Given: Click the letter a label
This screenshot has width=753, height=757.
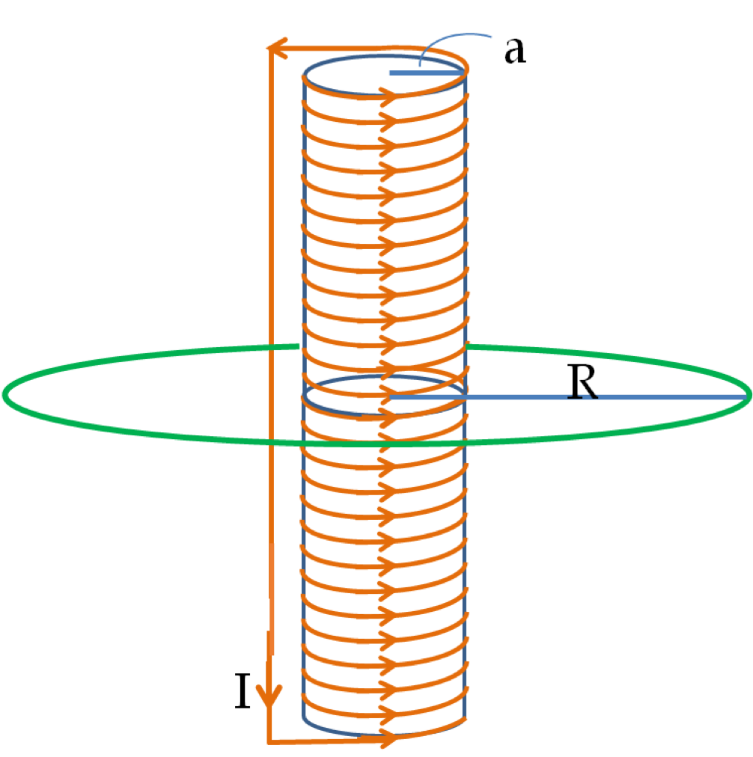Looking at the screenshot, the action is pyautogui.click(x=515, y=51).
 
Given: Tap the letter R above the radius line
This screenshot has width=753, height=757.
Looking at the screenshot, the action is pyautogui.click(x=582, y=382).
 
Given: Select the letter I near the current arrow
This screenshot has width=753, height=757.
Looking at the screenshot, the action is pyautogui.click(x=243, y=690).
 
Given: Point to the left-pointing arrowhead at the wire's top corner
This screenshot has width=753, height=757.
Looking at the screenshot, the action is pyautogui.click(x=278, y=48).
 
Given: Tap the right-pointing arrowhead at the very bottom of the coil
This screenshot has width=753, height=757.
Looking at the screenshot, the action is pyautogui.click(x=388, y=738).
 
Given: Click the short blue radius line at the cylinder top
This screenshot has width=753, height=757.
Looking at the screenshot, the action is pyautogui.click(x=427, y=73).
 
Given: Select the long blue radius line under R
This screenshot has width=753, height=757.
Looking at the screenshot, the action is pyautogui.click(x=568, y=397).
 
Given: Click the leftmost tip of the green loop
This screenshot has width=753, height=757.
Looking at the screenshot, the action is pyautogui.click(x=4, y=394).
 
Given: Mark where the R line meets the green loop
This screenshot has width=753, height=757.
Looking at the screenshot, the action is pyautogui.click(x=749, y=396).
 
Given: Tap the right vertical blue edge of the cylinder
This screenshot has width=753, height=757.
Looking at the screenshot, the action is pyautogui.click(x=465, y=395).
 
